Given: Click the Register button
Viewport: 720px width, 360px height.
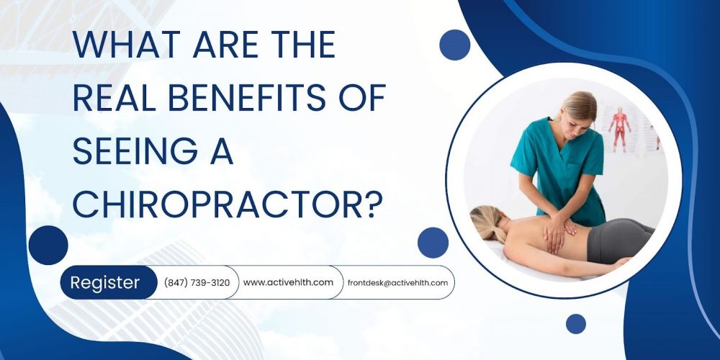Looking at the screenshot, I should pyautogui.click(x=105, y=283).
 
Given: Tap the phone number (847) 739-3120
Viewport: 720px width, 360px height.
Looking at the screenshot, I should pyautogui.click(x=197, y=283).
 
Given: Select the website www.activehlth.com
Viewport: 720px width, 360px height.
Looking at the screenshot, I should pyautogui.click(x=288, y=282).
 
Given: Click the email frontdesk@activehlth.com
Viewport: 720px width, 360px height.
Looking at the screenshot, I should pyautogui.click(x=397, y=283).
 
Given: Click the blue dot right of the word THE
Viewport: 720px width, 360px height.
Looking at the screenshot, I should pyautogui.click(x=454, y=45).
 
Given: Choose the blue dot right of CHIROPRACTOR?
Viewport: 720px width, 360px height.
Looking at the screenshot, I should pyautogui.click(x=433, y=243).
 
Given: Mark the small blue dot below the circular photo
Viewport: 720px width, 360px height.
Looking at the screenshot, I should pyautogui.click(x=575, y=324).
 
